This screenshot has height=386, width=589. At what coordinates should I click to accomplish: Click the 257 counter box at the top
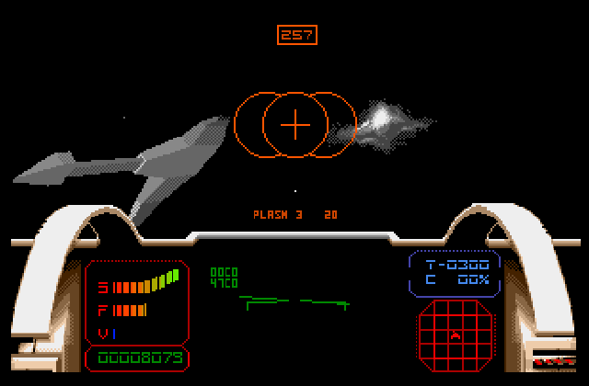[x=296, y=35]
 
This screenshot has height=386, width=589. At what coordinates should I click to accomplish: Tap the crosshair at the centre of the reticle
[x=294, y=124]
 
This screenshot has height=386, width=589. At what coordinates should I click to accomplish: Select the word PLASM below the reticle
[x=271, y=214]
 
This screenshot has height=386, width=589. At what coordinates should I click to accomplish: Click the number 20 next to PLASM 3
[x=330, y=214]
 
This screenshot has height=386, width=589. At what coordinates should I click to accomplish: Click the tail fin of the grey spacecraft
[x=143, y=204]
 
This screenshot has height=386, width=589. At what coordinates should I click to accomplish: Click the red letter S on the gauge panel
[x=103, y=288]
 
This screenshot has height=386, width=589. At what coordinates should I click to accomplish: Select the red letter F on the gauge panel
[x=103, y=311]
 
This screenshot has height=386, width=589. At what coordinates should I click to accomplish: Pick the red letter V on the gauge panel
[x=102, y=333]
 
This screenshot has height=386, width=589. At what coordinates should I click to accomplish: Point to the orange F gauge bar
[x=130, y=310]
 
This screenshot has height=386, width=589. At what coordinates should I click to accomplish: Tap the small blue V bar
[x=113, y=333]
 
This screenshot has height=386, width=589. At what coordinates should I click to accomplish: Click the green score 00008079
[x=137, y=358]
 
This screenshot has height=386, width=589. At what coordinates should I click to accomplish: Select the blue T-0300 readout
[x=456, y=264]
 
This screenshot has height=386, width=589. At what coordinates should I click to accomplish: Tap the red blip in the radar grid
[x=455, y=336]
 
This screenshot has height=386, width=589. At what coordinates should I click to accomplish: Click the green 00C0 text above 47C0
[x=224, y=272]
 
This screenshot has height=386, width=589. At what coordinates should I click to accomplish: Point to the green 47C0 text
[x=224, y=283]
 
